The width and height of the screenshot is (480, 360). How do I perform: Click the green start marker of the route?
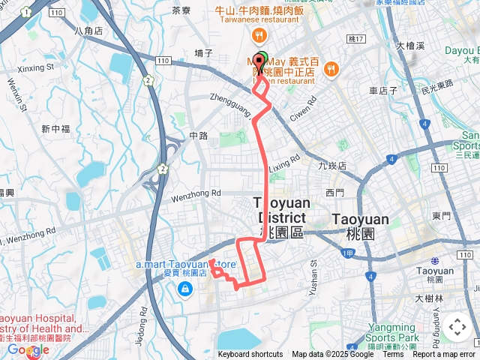261,59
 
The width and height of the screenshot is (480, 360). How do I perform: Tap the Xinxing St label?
31,67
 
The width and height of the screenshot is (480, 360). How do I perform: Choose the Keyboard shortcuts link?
250,354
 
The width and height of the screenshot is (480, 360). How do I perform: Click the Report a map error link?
445,354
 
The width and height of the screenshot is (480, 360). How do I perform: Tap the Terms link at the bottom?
393,354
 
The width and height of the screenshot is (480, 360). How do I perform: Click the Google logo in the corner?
28,350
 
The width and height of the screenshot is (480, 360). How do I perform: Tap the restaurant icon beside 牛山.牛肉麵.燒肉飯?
259,35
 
